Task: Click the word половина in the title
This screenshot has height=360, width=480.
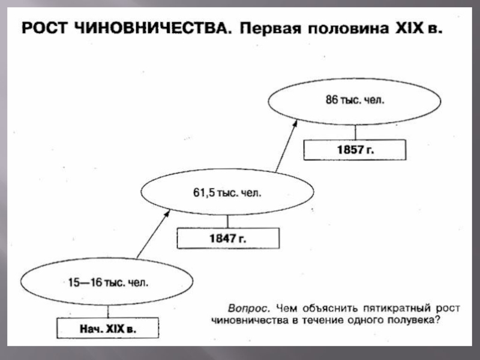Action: click(346, 29)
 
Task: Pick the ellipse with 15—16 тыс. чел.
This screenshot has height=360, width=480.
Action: click(107, 281)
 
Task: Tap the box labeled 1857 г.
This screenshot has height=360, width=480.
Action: click(354, 149)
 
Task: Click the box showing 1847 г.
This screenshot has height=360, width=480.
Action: click(227, 238)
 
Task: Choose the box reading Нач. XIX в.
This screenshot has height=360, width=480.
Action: click(108, 329)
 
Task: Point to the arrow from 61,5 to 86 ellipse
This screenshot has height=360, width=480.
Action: click(286, 144)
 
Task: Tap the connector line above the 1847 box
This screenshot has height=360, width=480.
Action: click(227, 222)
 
